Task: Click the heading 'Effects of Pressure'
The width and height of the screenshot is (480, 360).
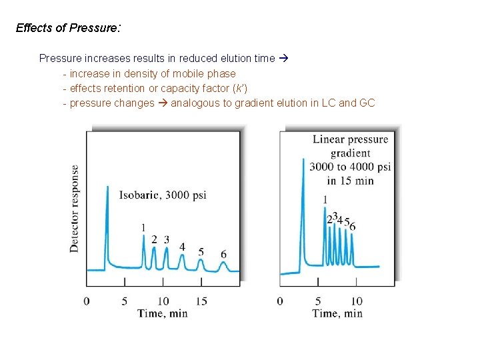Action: coord(66,28)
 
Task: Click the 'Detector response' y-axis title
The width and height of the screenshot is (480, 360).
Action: coord(74,208)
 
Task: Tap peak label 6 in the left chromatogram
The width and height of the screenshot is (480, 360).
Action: coord(223,254)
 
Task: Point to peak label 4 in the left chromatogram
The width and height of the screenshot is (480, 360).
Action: coord(182,247)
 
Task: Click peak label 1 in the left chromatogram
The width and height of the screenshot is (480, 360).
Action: coord(143,228)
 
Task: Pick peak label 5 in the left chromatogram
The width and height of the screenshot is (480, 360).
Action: coord(201,252)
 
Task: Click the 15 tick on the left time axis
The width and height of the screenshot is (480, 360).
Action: coord(201,301)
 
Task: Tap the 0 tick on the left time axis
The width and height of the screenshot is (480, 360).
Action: coord(87,301)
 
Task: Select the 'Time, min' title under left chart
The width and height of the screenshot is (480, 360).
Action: coord(163,313)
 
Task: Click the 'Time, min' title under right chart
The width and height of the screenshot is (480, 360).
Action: coord(337,313)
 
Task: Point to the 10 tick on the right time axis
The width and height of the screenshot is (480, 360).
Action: coord(357,301)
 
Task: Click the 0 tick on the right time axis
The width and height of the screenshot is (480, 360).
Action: coord(280,301)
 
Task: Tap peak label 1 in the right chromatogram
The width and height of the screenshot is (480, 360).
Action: coord(325,199)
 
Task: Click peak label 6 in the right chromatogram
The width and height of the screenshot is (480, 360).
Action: coord(353,227)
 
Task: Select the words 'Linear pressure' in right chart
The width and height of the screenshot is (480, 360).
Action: coord(350,139)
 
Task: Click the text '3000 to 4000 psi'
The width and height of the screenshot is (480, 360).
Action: coord(350,167)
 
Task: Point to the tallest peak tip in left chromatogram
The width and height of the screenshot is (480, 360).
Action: coord(107,187)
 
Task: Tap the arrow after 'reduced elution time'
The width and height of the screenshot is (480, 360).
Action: coord(283,58)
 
